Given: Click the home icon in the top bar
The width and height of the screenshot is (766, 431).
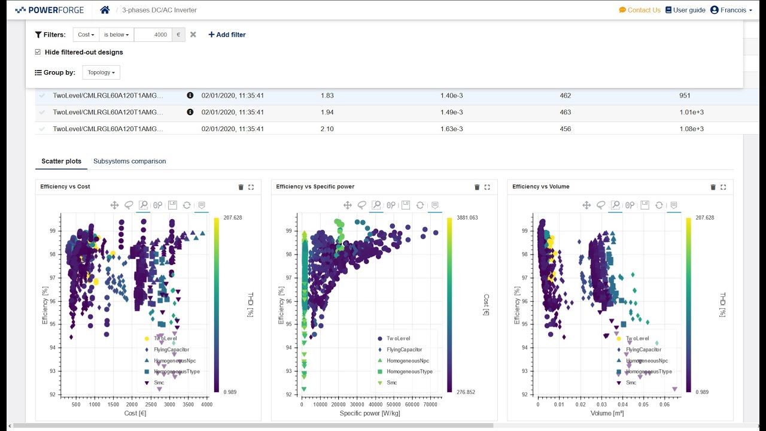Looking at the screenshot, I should click(105, 10).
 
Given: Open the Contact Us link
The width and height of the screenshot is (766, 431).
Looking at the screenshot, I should click(640, 10).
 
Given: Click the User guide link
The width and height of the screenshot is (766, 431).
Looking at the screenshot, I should click(685, 10).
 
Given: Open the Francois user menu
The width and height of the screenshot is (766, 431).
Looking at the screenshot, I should click(731, 10).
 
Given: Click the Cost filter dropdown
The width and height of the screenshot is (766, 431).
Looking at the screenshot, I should click(86, 35).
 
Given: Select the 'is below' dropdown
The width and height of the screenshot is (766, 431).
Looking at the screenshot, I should click(117, 35).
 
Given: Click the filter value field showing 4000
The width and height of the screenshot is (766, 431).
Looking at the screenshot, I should click(153, 35).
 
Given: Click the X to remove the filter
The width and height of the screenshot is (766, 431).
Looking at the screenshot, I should click(193, 35).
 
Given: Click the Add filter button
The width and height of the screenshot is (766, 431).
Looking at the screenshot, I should click(227, 35).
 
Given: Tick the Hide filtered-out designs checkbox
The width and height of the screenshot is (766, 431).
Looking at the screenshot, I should click(38, 52).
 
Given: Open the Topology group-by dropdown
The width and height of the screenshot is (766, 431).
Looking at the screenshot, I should click(101, 72).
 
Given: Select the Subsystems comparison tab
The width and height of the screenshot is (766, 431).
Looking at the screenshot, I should click(129, 161).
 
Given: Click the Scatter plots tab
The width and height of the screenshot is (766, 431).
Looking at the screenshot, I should click(61, 161).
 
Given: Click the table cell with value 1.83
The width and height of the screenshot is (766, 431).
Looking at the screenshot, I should click(327, 95).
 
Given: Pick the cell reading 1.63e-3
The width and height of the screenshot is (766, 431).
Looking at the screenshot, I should click(452, 129).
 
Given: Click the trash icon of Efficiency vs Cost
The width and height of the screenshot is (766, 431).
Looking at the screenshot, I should click(241, 187).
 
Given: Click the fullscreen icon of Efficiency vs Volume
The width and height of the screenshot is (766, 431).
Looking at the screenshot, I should click(723, 187).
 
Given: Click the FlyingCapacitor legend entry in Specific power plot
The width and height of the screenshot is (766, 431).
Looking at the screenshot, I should click(403, 350).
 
